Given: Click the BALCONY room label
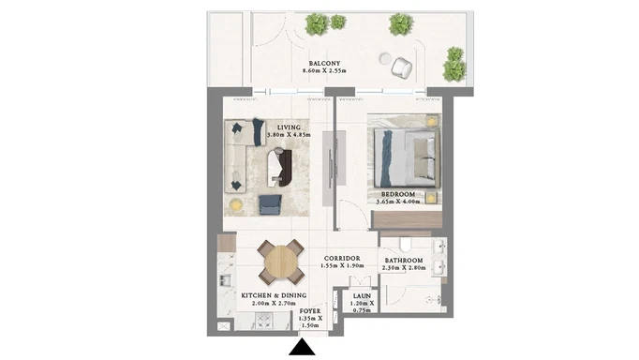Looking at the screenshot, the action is point(324,63).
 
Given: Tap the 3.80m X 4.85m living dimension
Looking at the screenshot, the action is point(289,135).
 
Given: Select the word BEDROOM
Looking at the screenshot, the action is point(398,194).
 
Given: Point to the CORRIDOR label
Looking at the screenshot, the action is point(342,259).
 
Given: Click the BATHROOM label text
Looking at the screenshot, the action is point(404,261).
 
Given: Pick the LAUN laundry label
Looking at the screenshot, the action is point(362,296).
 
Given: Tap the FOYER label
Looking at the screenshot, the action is point(310,311).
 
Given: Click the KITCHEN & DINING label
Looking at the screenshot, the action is point(274,295).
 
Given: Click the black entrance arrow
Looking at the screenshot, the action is point(302,348).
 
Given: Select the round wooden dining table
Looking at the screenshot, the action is point(281,262).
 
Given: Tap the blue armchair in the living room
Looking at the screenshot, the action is point(270,204).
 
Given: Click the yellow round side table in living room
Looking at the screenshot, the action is point(235,204).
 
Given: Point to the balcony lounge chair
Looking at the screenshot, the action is point(401,67).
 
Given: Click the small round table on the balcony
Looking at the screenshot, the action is point(385,59).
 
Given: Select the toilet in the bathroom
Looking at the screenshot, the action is point(406,245).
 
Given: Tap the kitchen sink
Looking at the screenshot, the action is point(226,280).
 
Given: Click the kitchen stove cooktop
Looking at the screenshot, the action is point(263,320).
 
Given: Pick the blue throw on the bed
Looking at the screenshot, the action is point(386,158).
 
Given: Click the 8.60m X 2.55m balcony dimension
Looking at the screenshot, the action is point(324,71).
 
